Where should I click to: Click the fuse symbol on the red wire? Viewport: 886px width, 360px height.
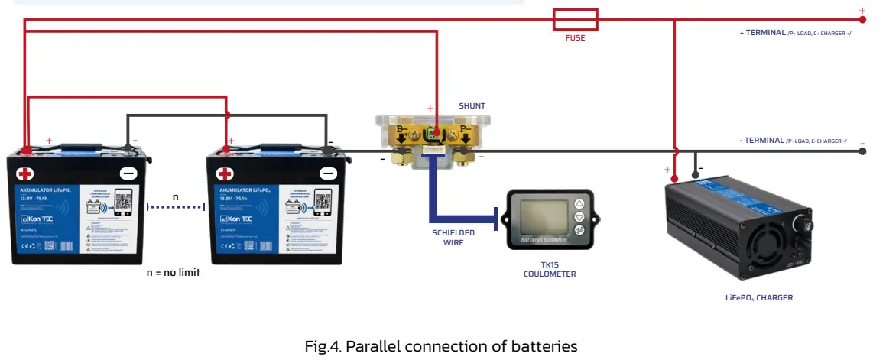pos(574,19)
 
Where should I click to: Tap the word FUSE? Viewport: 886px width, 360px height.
pos(575,38)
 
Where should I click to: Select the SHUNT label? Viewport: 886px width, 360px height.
pos(472,105)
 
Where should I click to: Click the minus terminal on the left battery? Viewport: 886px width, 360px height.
pos(128,174)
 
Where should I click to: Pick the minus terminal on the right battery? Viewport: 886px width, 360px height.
pos(328,174)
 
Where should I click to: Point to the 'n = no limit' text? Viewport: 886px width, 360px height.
pos(173,272)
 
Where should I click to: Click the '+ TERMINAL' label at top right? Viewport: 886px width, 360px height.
pos(795,33)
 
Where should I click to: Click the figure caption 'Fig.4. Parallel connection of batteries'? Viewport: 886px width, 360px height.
pos(441,346)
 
